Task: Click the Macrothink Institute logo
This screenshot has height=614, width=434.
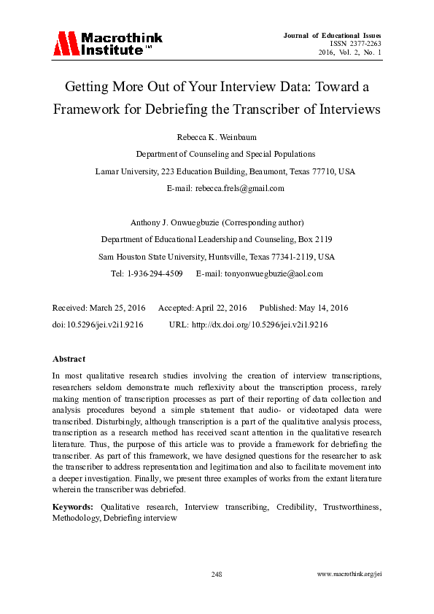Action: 107,44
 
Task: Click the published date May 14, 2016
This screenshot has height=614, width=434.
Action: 316,308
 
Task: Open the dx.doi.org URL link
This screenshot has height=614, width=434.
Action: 260,325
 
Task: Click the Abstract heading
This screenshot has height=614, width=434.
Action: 69,359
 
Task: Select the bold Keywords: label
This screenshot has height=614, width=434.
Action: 73,506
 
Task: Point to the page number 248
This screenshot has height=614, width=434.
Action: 217,575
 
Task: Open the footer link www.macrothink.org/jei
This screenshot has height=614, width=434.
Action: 349,575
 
